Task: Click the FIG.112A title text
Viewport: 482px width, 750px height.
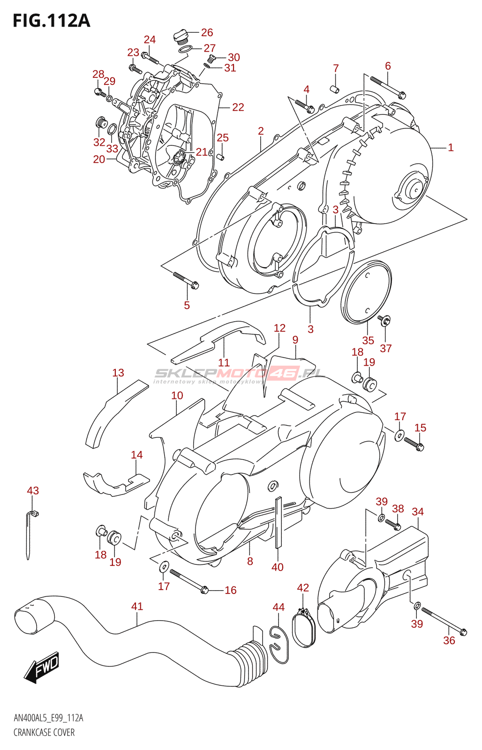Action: (x=51, y=21)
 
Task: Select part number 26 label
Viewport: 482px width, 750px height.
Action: (x=207, y=32)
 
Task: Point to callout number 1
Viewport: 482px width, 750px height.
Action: (x=451, y=148)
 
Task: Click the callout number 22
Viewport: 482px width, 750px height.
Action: (x=238, y=107)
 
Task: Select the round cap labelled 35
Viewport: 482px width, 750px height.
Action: (x=366, y=292)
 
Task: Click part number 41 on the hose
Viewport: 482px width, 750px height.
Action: (x=137, y=606)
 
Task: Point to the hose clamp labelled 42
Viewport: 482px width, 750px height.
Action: (x=304, y=628)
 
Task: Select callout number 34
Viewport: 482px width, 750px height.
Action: (x=417, y=511)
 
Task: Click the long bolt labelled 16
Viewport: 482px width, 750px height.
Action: (x=188, y=581)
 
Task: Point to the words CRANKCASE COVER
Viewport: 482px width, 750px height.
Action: (x=44, y=732)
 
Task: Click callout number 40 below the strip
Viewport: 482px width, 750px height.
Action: (x=278, y=567)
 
